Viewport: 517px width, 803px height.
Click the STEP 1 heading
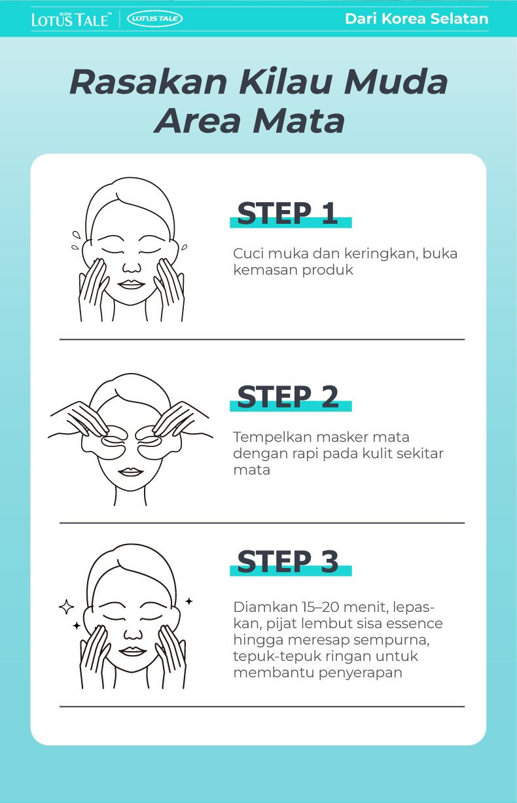287,214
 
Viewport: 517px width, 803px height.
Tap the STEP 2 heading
288,397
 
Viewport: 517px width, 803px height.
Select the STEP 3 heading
288,562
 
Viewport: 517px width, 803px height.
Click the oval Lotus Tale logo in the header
155,19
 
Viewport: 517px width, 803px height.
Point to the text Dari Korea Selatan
416,19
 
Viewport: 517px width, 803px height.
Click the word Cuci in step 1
247,254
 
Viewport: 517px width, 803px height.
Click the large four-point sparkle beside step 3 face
66,607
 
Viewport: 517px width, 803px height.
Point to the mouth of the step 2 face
132,472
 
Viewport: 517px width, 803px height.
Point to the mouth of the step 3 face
132,651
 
